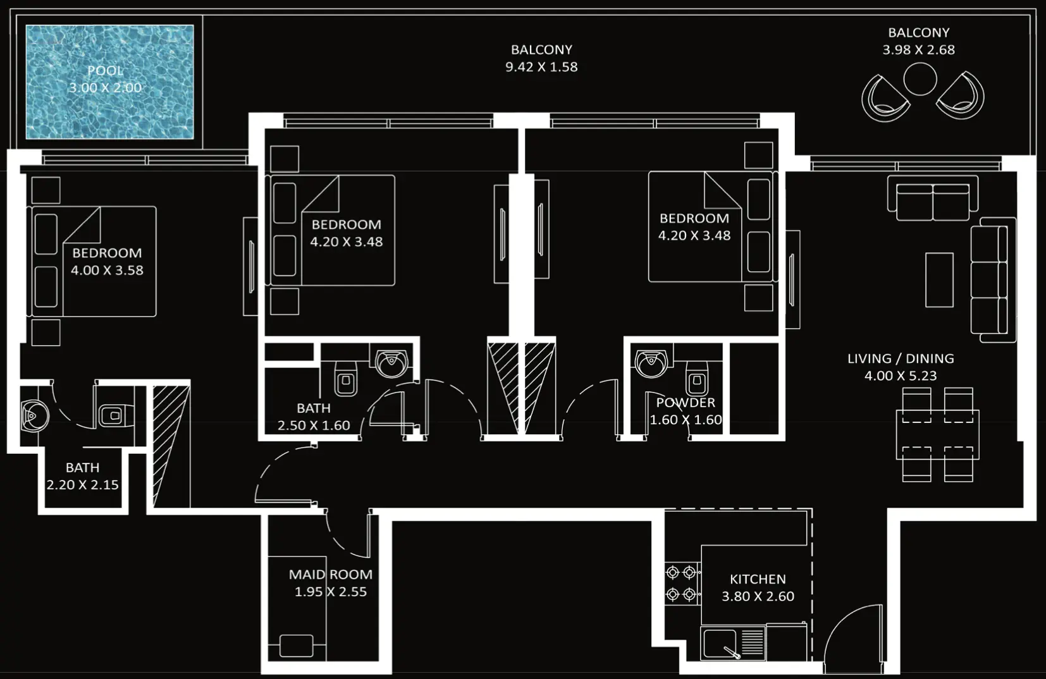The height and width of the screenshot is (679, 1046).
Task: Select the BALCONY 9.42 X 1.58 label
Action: click(541, 58)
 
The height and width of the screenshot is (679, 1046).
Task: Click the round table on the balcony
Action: click(920, 80)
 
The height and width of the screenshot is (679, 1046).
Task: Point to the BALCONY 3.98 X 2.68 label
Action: click(918, 41)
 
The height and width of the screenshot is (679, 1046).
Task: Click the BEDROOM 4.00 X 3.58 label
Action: click(107, 261)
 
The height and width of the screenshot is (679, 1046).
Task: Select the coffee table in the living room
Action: click(939, 279)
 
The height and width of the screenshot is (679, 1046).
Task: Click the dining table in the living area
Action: click(937, 434)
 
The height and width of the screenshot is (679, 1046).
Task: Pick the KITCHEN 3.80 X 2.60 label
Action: click(758, 587)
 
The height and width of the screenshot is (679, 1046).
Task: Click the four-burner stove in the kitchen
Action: click(681, 583)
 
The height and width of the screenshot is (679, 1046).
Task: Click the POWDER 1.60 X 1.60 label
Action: click(686, 411)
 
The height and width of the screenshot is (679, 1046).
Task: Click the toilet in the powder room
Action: click(697, 379)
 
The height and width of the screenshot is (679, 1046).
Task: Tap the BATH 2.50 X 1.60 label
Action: click(314, 417)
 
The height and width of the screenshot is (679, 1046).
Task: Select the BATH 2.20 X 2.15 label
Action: click(82, 476)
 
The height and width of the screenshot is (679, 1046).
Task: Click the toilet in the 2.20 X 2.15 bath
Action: click(114, 415)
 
